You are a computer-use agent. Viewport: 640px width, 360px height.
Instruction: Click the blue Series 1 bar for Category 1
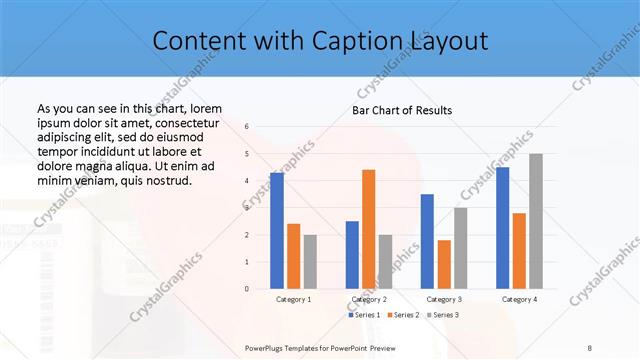pos(277,231)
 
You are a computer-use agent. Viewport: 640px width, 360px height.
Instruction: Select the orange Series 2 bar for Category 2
pos(368,229)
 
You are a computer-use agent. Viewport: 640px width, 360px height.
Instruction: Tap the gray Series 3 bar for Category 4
pos(536,221)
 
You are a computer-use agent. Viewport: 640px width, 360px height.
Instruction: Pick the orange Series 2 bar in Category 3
pos(444,264)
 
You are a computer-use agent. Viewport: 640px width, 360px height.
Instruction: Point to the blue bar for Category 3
pos(427,241)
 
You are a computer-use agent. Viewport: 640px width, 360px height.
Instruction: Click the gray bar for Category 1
pos(310,262)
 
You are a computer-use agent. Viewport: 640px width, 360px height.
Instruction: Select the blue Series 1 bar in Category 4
pos(502,228)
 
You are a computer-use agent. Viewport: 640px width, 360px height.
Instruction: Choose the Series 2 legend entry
pos(403,315)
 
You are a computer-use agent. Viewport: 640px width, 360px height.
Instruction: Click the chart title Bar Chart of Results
pos(402,110)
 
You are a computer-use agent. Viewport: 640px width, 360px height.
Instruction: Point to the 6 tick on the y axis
pos(247,127)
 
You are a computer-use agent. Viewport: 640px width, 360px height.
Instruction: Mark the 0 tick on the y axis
pos(247,288)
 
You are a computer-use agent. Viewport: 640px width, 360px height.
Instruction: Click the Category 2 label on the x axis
pos(369,299)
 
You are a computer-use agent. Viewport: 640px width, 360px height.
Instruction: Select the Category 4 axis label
pos(519,299)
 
